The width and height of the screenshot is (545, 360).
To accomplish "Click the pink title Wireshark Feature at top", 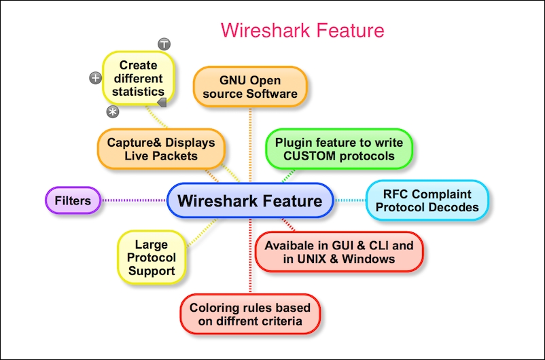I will (x=302, y=30).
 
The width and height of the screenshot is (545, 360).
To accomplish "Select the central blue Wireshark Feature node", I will (x=250, y=200).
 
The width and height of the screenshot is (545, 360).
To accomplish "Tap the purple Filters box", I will (x=73, y=200).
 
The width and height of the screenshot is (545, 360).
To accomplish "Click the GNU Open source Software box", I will (x=250, y=87).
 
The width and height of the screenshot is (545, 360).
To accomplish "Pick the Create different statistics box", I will (x=139, y=78).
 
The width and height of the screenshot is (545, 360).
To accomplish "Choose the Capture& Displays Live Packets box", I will (x=161, y=149).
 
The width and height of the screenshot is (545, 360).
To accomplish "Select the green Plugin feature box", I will (x=338, y=149).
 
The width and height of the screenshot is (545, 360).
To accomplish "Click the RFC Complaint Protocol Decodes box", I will (x=427, y=200).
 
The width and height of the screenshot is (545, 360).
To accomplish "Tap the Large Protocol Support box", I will (x=151, y=257).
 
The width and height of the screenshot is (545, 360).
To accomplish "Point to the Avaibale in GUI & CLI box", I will (x=339, y=252).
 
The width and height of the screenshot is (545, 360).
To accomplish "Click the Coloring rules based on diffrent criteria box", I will (x=250, y=314).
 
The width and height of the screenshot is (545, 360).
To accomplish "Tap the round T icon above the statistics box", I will (x=164, y=44).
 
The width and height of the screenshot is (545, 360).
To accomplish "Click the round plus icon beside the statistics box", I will (x=96, y=78).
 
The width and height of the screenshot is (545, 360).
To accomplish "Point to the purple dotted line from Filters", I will (x=134, y=200).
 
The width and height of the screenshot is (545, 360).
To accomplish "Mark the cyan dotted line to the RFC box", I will (x=349, y=200).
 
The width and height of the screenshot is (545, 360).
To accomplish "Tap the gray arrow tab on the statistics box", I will (x=162, y=102).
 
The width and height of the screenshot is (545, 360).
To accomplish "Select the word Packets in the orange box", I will (x=175, y=156).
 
